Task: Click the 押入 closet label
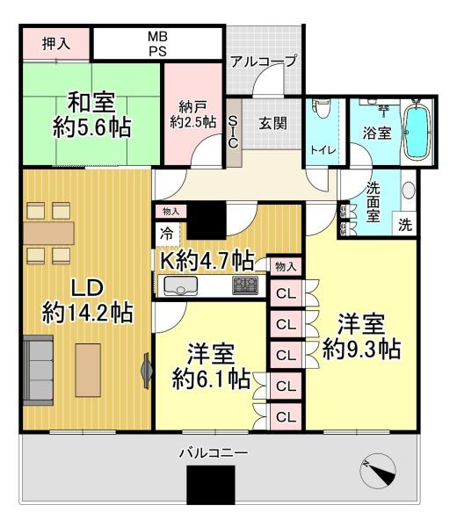56,44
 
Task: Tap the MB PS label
157,44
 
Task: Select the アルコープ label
264,61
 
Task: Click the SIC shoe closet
234,132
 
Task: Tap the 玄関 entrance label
273,123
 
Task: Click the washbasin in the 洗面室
409,191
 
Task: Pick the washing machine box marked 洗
405,224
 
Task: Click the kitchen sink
180,285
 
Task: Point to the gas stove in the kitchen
245,285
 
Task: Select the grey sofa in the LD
39,370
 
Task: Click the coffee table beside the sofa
88,370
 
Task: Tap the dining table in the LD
49,233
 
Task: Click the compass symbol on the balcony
378,471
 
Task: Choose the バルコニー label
214,452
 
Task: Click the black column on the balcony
211,485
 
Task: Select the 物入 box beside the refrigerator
171,212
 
